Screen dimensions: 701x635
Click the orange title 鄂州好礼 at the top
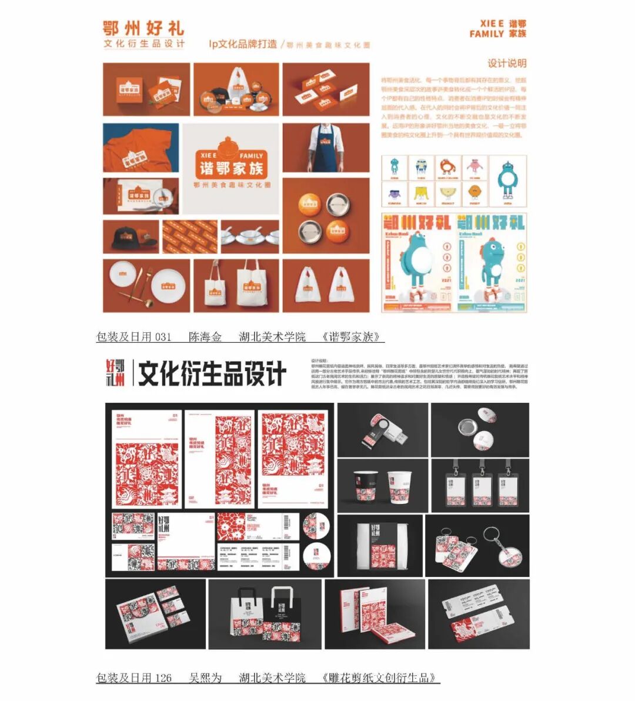tap(143, 28)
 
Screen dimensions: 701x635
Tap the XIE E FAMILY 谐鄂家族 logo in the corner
tap(498, 29)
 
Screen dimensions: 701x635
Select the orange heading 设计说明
tap(507, 64)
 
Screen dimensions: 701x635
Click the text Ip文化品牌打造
tap(242, 44)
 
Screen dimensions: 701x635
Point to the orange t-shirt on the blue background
tap(141, 149)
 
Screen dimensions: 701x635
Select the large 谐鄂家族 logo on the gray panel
tap(231, 162)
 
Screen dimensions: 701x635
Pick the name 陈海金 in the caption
tap(205, 337)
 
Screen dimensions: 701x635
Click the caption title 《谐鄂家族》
tap(353, 337)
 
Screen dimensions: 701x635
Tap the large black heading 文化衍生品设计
tap(212, 373)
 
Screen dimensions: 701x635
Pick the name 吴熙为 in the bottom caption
tap(205, 678)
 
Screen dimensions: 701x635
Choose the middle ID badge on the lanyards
tap(482, 487)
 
